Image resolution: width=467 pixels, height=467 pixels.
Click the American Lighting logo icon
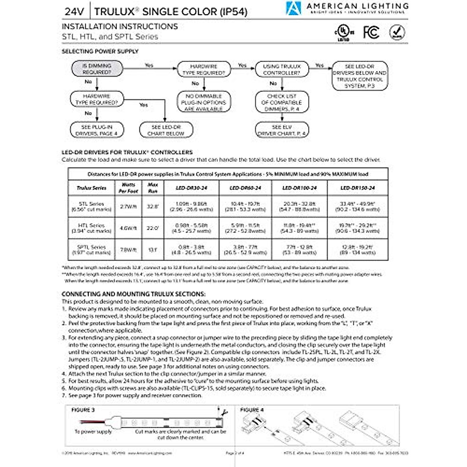point(293,8)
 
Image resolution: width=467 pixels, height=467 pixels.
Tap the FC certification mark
point(371,32)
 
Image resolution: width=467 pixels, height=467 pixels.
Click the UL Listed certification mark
point(343,33)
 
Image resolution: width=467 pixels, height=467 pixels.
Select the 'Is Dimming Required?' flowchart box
point(97,69)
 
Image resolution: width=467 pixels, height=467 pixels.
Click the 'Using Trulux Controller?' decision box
point(282,70)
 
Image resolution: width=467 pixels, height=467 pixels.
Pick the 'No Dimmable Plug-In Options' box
point(204,102)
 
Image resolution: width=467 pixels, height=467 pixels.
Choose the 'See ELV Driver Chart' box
point(282,130)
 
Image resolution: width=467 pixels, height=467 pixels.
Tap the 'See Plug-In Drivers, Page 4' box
point(97,130)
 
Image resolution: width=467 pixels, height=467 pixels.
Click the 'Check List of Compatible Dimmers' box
point(282,102)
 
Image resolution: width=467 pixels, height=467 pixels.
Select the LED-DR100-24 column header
point(300,188)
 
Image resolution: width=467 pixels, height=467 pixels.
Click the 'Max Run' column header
point(153,188)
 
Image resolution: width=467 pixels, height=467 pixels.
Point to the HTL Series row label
point(91,228)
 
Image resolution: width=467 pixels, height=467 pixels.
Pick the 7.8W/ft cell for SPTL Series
point(128,250)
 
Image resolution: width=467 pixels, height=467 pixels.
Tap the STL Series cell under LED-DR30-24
point(191,206)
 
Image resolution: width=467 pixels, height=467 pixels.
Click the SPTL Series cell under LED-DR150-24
point(357,250)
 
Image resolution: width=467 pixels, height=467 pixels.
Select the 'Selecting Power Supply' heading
point(100,51)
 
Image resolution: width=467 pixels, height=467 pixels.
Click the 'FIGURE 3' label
point(83,410)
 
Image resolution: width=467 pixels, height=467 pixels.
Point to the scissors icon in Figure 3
point(223,413)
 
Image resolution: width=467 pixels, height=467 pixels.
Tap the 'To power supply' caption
point(93,432)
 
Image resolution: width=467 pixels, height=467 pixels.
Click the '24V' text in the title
point(74,12)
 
